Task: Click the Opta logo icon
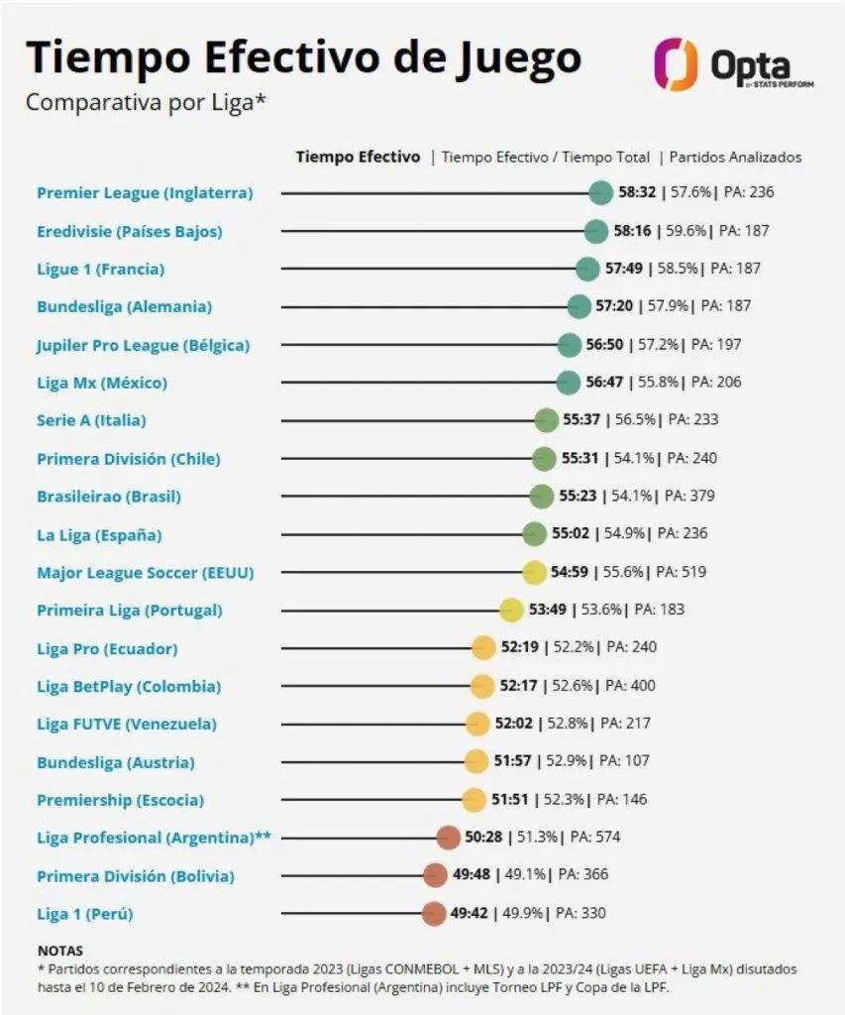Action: point(676,63)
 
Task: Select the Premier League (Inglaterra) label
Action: point(145,192)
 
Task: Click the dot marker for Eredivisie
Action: point(596,231)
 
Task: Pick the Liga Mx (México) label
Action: point(102,383)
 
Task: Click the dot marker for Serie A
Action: point(546,420)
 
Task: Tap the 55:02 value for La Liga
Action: point(571,533)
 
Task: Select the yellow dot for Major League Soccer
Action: point(534,572)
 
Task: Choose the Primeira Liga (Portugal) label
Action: point(130,610)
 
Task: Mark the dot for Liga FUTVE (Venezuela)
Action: point(477,724)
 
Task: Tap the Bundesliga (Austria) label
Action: point(116,762)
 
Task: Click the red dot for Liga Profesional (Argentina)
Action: point(448,838)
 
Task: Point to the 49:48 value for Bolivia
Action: point(471,875)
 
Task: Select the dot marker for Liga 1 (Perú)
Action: point(433,913)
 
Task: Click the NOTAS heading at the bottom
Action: point(59,950)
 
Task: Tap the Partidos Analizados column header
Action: point(736,157)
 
